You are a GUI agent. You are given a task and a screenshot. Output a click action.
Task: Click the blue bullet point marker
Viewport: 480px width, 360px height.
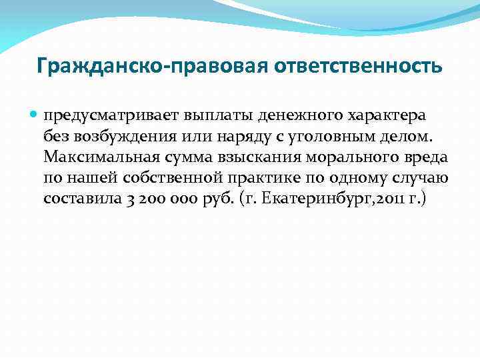pyautogui.click(x=34, y=115)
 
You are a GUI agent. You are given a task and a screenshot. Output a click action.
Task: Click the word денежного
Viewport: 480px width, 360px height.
pyautogui.click(x=283, y=115)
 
